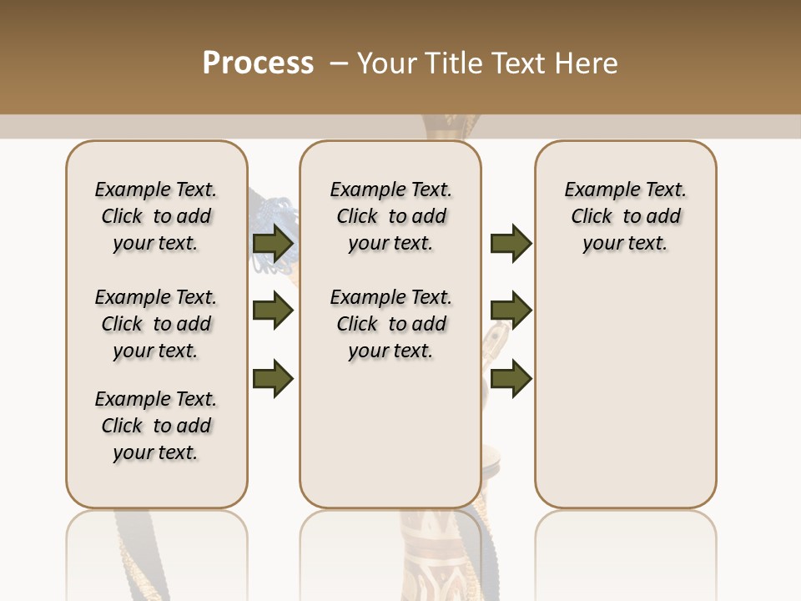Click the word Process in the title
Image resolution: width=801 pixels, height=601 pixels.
258,63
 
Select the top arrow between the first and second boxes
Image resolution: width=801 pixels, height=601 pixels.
273,244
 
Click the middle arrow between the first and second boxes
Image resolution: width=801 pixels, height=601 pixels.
273,311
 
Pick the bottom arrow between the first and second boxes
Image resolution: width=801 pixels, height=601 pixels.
273,377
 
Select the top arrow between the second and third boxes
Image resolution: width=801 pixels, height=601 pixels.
511,244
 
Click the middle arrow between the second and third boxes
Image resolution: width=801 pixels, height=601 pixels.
511,311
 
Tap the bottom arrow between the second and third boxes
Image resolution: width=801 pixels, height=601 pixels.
511,377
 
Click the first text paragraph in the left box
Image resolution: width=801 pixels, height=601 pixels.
156,216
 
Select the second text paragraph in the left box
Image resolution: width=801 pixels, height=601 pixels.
156,324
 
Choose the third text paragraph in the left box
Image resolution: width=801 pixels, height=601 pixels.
156,426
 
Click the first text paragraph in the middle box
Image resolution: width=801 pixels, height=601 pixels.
390,216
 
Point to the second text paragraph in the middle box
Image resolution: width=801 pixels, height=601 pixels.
390,324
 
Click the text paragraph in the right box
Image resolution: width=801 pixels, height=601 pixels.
626,216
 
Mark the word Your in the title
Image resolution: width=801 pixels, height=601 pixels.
388,63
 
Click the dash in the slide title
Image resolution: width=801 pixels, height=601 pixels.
339,63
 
